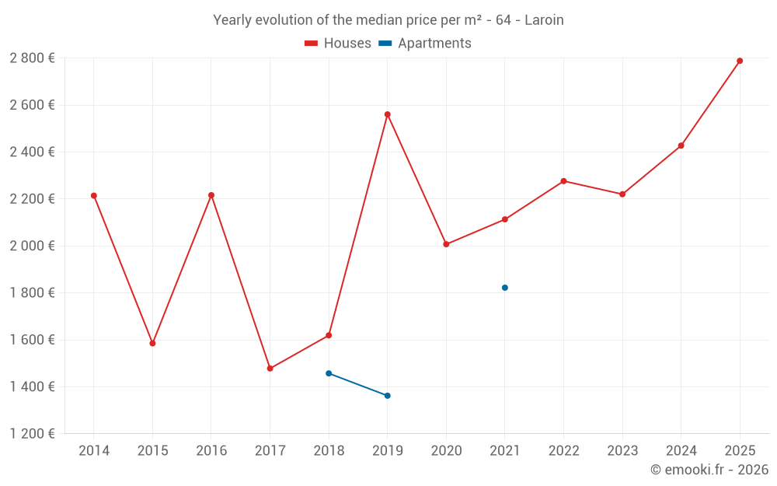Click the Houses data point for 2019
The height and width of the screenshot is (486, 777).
[x=387, y=114]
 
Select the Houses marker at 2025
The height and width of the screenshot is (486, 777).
[x=740, y=61]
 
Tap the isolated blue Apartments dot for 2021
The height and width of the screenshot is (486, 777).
[x=505, y=288]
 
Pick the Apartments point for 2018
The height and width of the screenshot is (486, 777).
[x=329, y=373]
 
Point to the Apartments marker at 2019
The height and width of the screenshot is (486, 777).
[x=387, y=396]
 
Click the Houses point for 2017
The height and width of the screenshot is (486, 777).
[x=270, y=369]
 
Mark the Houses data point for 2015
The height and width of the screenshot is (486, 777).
[x=152, y=343]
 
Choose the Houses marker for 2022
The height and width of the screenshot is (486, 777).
[x=563, y=181]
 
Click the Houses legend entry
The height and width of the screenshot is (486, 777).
[x=338, y=44]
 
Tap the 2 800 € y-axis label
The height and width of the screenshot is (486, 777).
[x=32, y=58]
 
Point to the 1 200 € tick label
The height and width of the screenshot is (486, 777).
[x=32, y=434]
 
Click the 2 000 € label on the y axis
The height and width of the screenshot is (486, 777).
[x=32, y=246]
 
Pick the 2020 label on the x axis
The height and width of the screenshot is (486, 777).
[x=446, y=451]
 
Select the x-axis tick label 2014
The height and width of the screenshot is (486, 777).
[x=94, y=451]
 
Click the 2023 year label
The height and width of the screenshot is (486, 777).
[x=622, y=451]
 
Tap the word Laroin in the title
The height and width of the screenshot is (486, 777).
[x=544, y=20]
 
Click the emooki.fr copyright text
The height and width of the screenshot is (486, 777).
[x=709, y=470]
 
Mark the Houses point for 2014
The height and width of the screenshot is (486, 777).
[x=94, y=196]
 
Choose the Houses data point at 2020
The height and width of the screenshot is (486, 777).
[x=446, y=244]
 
